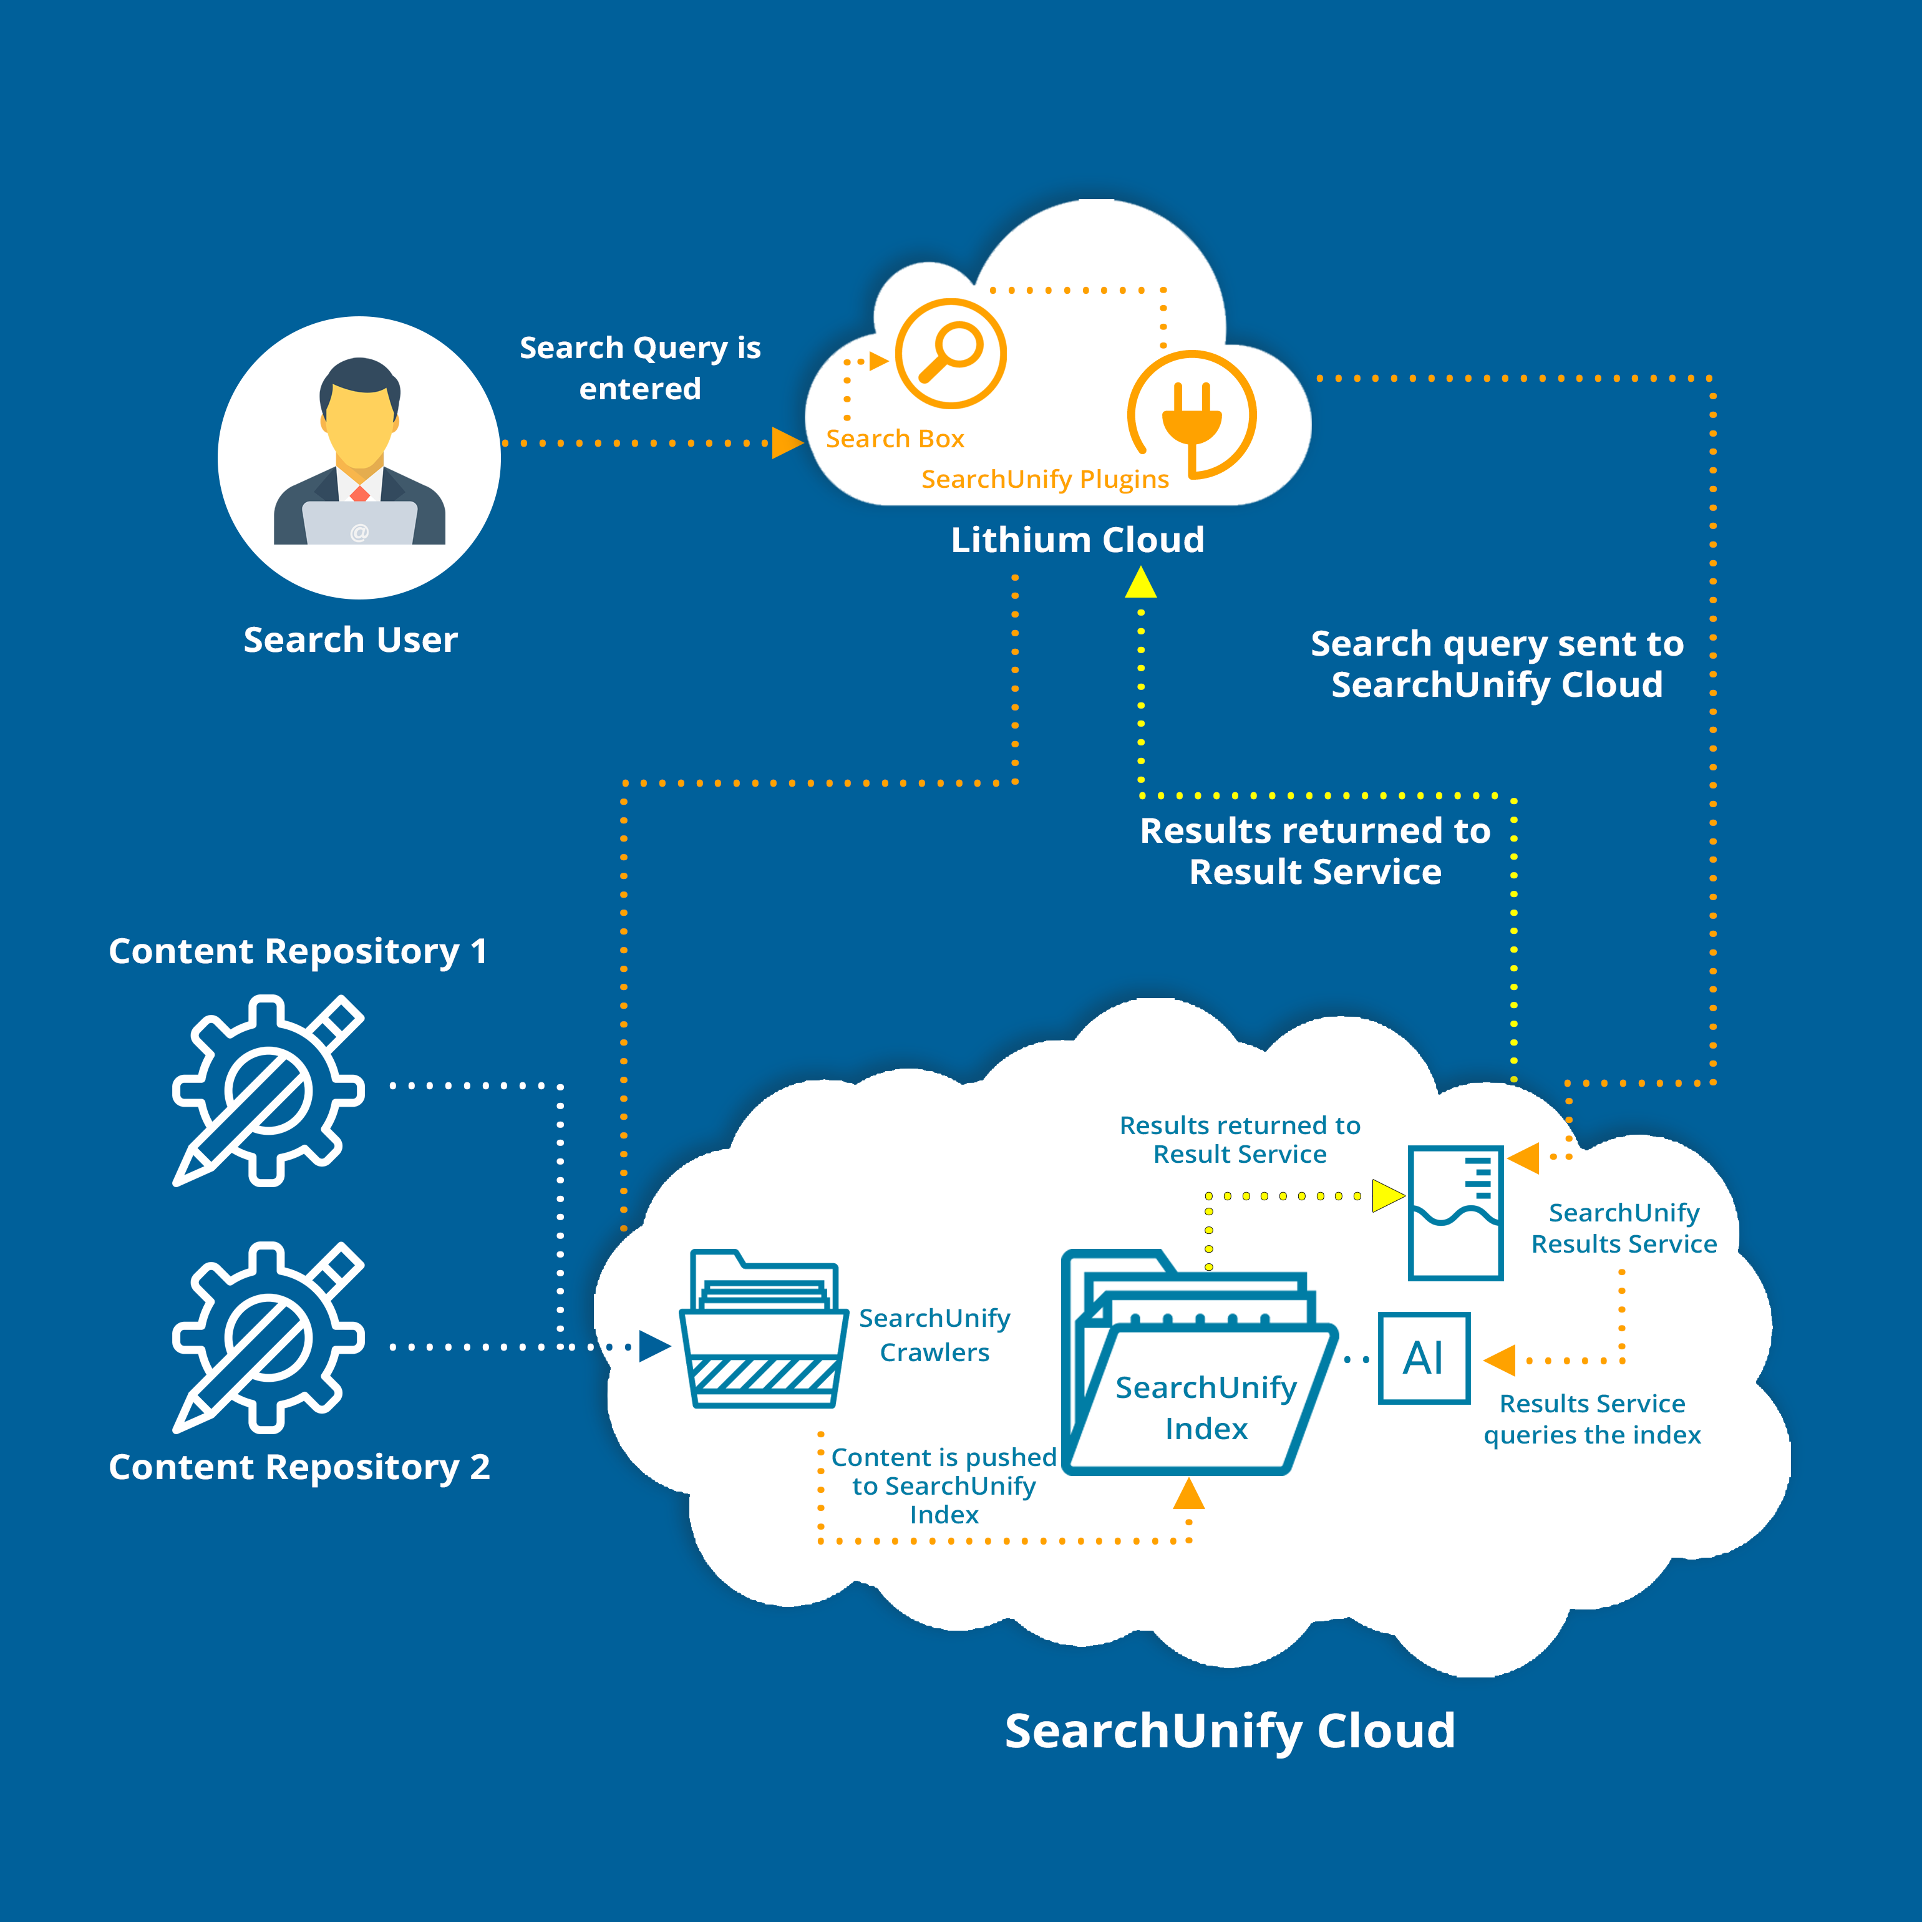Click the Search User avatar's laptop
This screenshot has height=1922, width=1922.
coord(359,522)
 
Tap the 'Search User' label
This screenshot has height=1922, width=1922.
coord(350,639)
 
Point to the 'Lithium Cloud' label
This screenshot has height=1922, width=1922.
coord(1077,540)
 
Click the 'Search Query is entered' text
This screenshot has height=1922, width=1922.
coord(639,368)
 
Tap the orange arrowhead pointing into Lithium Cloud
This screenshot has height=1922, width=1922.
coord(787,443)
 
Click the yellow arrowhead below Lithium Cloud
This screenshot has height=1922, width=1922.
coord(1140,583)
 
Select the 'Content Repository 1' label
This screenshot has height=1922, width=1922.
coord(298,951)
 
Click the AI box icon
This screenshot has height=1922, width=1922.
coord(1424,1358)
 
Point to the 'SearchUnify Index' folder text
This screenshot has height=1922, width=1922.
coord(1206,1408)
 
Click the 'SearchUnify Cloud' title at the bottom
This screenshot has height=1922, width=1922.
coord(1230,1731)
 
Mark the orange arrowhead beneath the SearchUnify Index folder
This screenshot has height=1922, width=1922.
coord(1189,1494)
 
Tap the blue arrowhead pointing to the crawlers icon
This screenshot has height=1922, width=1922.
coord(654,1346)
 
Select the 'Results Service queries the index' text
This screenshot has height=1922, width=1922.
coord(1592,1419)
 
